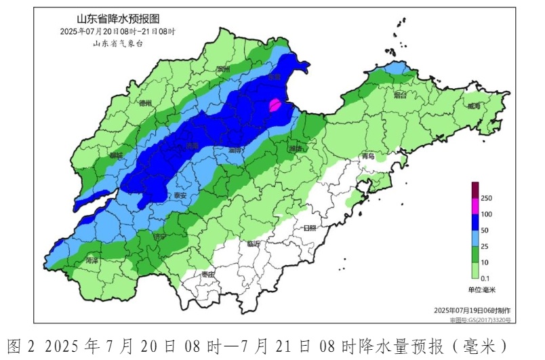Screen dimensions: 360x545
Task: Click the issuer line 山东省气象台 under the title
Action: point(118,43)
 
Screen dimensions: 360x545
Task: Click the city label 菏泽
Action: point(92,260)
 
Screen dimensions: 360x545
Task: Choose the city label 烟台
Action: point(400,96)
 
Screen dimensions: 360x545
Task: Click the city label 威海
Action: point(473,106)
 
